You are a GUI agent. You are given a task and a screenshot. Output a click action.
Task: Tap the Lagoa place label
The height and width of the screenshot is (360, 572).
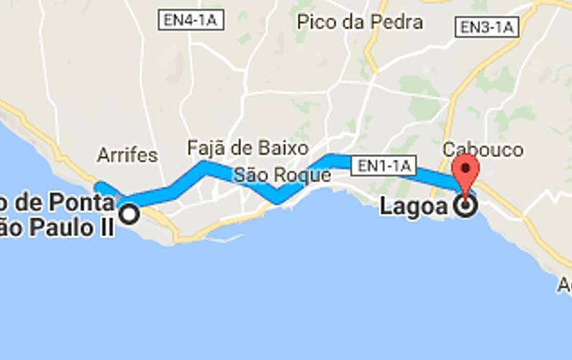(x=414, y=207)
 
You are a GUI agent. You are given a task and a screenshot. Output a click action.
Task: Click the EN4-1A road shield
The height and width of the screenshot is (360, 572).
(x=190, y=20)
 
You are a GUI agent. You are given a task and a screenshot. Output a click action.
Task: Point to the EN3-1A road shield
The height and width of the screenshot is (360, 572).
(x=487, y=28)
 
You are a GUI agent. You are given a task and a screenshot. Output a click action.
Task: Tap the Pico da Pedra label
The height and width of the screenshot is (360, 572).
(x=360, y=22)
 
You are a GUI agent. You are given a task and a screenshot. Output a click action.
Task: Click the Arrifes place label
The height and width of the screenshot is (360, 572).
(x=127, y=155)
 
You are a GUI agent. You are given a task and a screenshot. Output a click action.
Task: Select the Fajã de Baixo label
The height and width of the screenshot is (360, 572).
(x=248, y=148)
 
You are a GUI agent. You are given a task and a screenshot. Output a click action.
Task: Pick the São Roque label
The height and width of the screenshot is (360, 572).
(x=281, y=175)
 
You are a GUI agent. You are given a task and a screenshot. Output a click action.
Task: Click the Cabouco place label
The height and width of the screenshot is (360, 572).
(x=483, y=150)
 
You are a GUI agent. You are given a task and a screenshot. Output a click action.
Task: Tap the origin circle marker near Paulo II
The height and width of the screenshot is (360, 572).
(x=130, y=214)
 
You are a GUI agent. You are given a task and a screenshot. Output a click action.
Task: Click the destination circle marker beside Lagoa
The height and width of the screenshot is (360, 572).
(x=467, y=207)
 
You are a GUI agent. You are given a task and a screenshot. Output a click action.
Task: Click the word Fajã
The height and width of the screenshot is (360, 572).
(x=206, y=148)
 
